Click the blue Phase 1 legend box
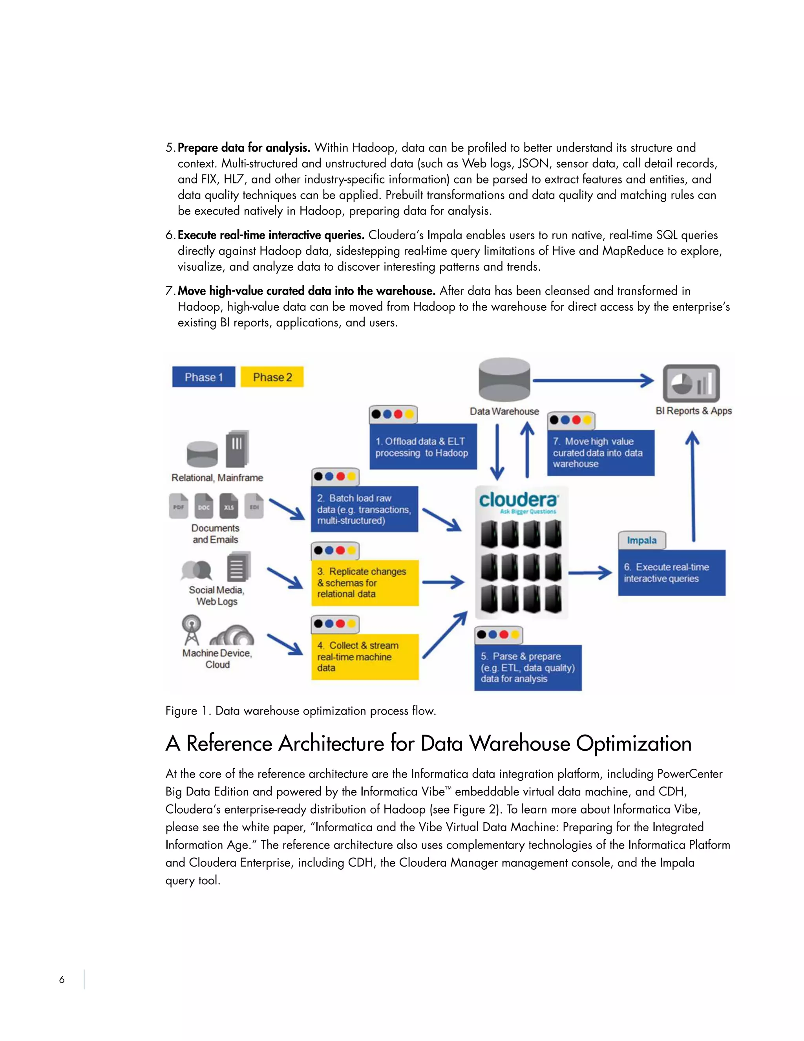[203, 377]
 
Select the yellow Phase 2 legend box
[272, 377]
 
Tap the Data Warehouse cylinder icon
[504, 380]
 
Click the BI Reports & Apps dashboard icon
[691, 383]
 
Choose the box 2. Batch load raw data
[364, 509]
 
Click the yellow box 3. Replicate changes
[365, 583]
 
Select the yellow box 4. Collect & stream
[365, 656]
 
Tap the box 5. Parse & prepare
[528, 667]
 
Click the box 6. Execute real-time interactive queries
[672, 572]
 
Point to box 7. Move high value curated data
[601, 452]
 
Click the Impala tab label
[641, 540]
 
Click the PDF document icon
[179, 506]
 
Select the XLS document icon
[228, 506]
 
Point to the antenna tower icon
[192, 629]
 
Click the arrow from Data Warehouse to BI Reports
[593, 380]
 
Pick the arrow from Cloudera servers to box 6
[590, 572]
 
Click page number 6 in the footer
[62, 979]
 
